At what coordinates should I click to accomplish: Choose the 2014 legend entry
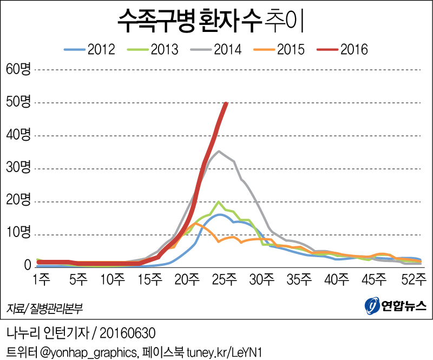coord(216,50)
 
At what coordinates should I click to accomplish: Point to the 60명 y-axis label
coord(19,69)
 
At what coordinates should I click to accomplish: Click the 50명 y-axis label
coord(19,102)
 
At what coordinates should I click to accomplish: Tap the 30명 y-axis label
coord(19,168)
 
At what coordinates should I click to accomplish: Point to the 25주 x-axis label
coord(224,280)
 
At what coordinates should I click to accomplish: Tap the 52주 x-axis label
coord(415,280)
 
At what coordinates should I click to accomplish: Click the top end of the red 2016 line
coord(226,103)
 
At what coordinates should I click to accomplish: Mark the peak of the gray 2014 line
coord(218,152)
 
